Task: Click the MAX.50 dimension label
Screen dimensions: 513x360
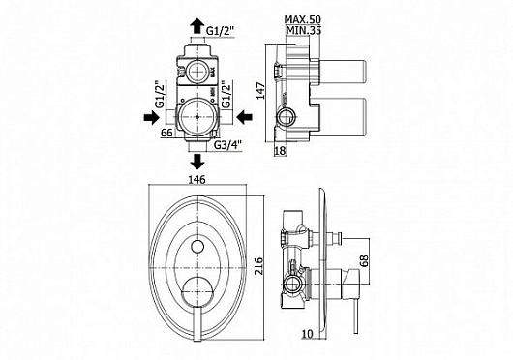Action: (303, 19)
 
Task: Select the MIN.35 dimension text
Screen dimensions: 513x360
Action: (304, 30)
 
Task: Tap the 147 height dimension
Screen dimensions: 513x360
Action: (260, 91)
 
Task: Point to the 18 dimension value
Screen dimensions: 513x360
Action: (281, 151)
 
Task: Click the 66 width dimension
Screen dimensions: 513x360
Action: (166, 133)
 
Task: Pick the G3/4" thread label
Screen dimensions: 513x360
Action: (227, 144)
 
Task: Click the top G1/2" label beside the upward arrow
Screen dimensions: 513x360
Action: (220, 30)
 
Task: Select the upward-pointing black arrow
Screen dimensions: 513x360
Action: (196, 25)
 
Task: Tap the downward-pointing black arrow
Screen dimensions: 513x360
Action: (197, 162)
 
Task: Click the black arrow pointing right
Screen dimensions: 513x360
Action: (151, 117)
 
